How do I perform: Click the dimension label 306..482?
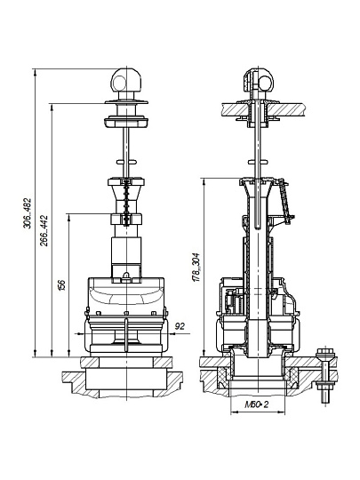tap(28, 213)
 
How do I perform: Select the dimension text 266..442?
tap(44, 230)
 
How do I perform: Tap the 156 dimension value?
tap(62, 284)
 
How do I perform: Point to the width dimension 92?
tap(180, 326)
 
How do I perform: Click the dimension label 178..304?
tap(196, 268)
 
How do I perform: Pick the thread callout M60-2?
tap(257, 404)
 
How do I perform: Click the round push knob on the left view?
tap(126, 80)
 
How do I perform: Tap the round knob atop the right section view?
tap(258, 80)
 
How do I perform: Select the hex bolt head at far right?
tap(326, 353)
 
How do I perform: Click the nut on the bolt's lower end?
tap(325, 384)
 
